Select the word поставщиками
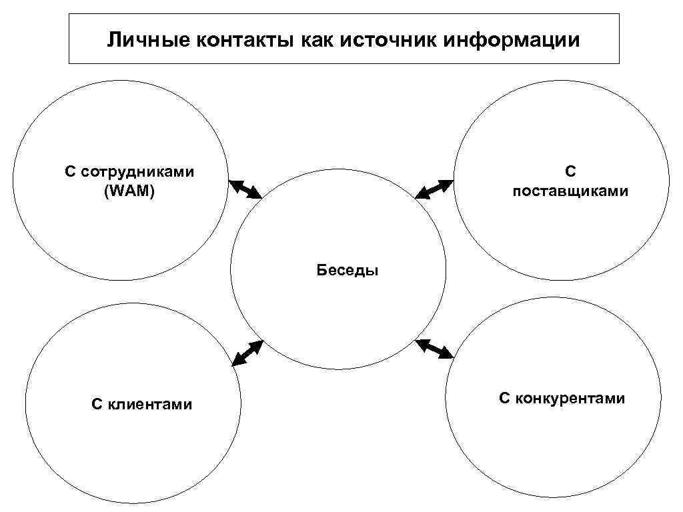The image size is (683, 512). (x=570, y=191)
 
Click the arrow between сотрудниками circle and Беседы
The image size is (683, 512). (x=245, y=189)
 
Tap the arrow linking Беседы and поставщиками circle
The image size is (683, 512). (x=434, y=189)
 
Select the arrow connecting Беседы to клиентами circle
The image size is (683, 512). (x=247, y=353)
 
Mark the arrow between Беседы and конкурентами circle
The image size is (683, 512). (x=434, y=349)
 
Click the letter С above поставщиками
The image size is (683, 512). (x=570, y=172)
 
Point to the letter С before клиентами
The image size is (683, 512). (x=96, y=404)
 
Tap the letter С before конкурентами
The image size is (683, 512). (x=504, y=399)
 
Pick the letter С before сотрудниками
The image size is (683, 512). (x=70, y=173)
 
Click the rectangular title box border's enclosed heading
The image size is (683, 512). (x=344, y=41)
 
